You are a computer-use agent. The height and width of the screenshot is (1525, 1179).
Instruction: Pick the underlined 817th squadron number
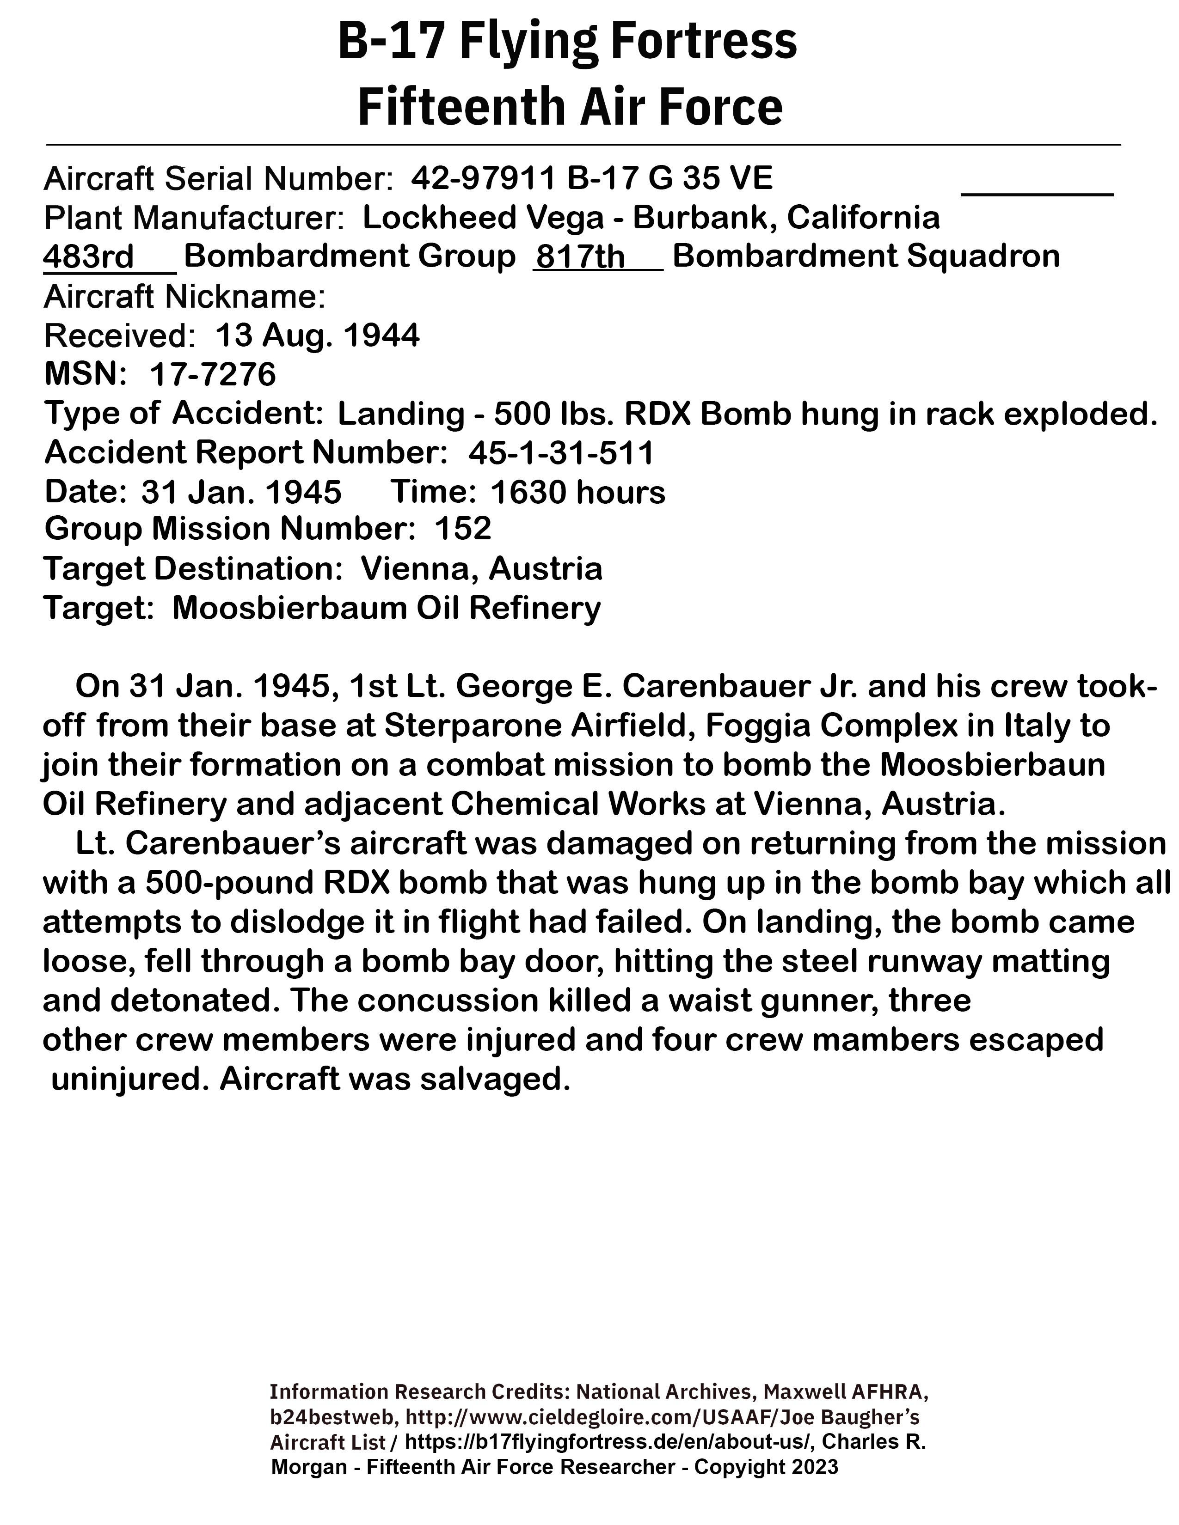[x=579, y=257]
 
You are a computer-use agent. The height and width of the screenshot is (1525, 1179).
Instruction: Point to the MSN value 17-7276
[x=213, y=375]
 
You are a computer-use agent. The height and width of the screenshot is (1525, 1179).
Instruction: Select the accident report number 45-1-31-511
[x=561, y=453]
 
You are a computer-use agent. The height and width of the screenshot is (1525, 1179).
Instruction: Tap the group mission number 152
[x=463, y=529]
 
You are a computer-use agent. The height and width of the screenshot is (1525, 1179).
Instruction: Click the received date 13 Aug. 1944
[x=317, y=336]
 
